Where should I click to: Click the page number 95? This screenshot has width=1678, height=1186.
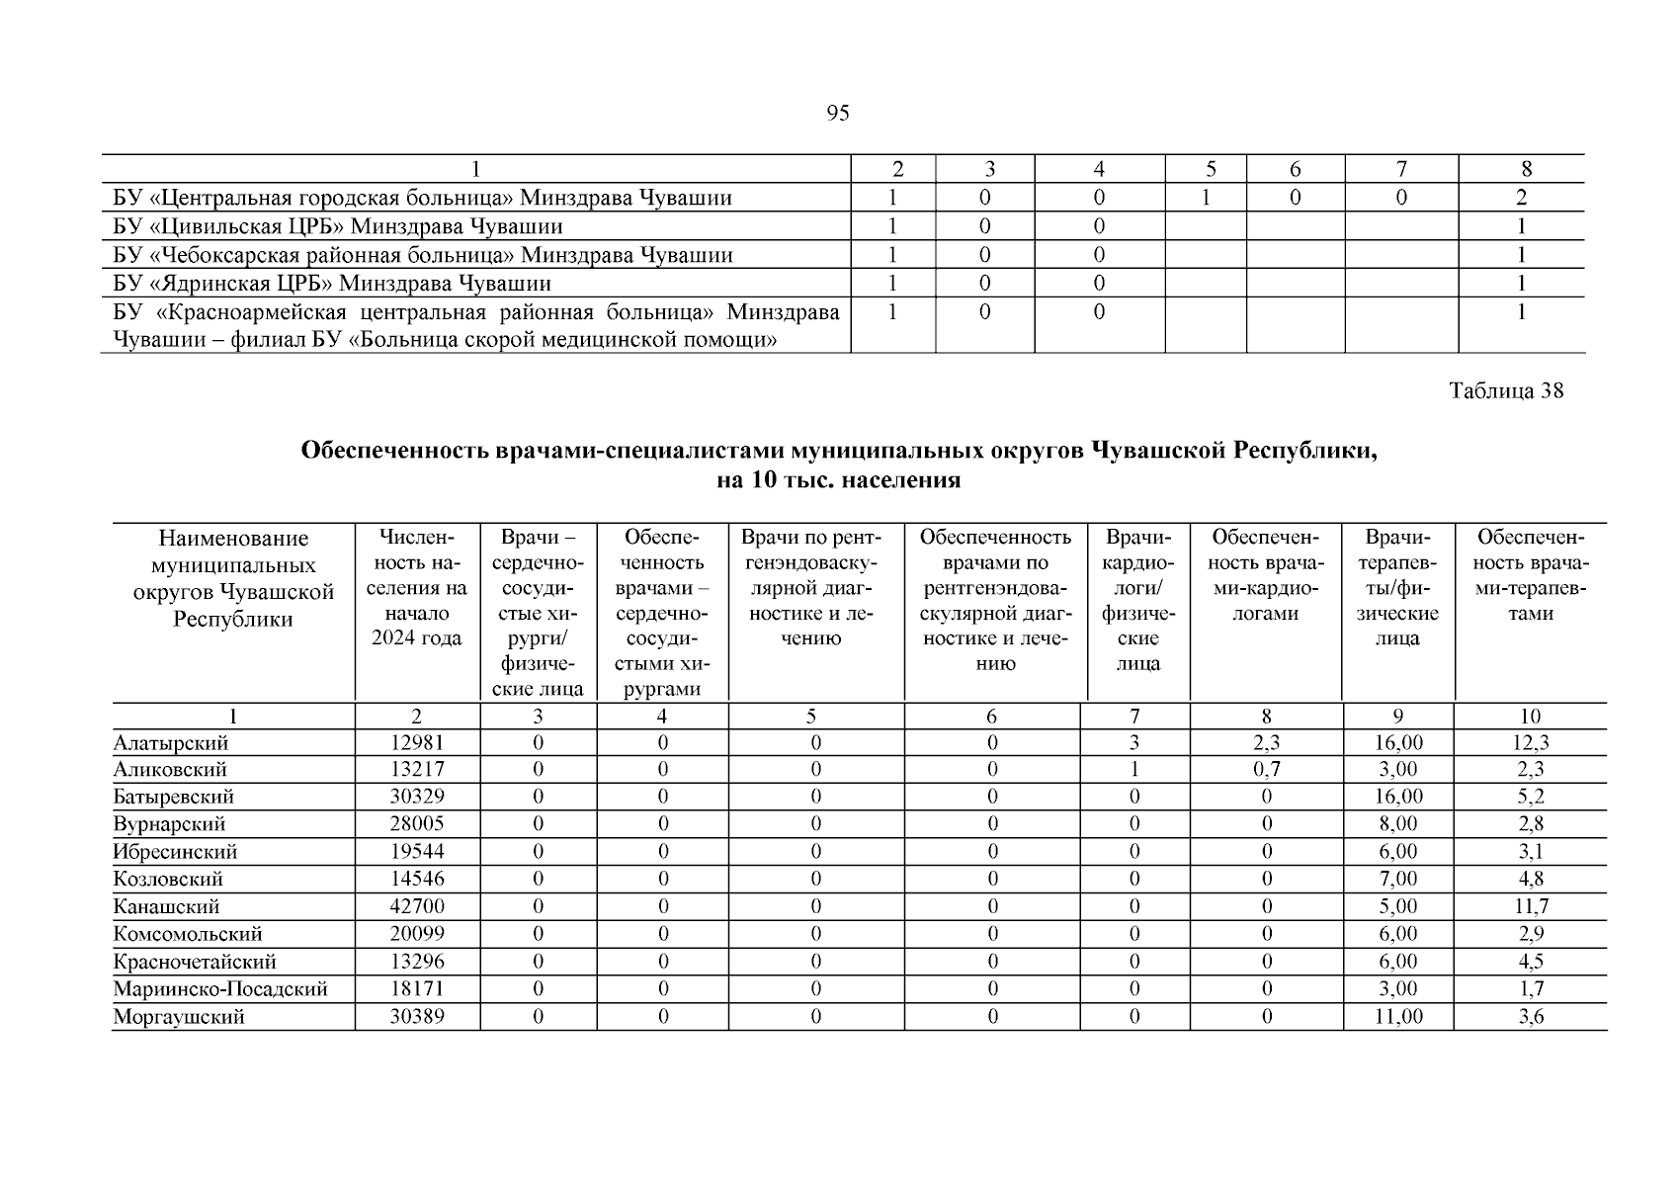tap(837, 113)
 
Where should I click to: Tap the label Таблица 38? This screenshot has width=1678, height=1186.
tap(1506, 390)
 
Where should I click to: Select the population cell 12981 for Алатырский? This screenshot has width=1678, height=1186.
tap(417, 743)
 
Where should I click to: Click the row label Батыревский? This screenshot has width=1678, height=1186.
tap(174, 797)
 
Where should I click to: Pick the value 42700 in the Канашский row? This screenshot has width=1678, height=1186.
tap(417, 906)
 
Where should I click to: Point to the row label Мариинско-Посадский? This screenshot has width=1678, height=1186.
tap(220, 989)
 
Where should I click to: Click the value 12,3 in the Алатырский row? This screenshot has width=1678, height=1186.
tap(1531, 743)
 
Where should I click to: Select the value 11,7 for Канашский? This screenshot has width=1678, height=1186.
tap(1531, 906)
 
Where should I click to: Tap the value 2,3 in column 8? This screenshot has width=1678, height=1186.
tap(1266, 743)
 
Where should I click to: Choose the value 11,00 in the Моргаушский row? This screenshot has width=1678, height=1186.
tap(1398, 1017)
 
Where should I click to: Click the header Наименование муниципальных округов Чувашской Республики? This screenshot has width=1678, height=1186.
tap(233, 579)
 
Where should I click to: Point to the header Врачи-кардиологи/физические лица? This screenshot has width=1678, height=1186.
tap(1137, 601)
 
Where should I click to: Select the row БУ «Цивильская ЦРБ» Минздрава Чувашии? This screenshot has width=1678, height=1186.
tap(337, 226)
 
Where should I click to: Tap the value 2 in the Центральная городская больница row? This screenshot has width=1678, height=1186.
tap(1522, 198)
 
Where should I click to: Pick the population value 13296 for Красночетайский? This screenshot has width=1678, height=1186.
tap(417, 962)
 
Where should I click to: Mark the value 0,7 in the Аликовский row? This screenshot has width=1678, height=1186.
tap(1266, 770)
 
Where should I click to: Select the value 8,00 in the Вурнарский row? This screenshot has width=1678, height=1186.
tap(1398, 824)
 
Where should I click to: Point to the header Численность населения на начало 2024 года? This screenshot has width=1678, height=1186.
tap(417, 589)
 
